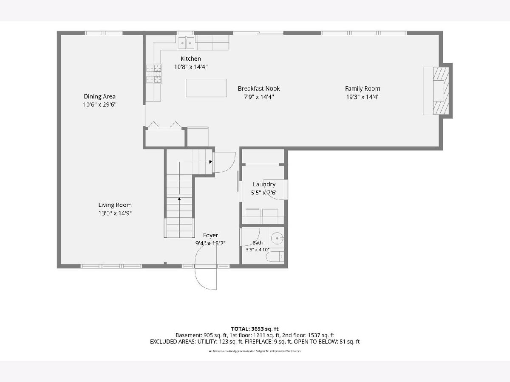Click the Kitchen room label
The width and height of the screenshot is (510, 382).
pyautogui.click(x=190, y=59)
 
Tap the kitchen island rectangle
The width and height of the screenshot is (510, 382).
pyautogui.click(x=206, y=88)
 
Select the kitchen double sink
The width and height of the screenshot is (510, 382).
pyautogui.click(x=186, y=43)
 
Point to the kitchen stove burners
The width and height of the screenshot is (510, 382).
pyautogui.click(x=154, y=74)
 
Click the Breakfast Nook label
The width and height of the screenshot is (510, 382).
pyautogui.click(x=258, y=89)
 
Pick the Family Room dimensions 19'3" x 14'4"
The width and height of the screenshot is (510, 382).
pyautogui.click(x=363, y=97)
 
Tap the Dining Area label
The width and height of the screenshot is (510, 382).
pyautogui.click(x=99, y=96)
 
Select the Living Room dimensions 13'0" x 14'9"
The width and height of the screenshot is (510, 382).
pyautogui.click(x=115, y=213)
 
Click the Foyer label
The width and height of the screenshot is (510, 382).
pyautogui.click(x=210, y=235)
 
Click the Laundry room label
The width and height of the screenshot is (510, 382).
pyautogui.click(x=264, y=184)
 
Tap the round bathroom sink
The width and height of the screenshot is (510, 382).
pyautogui.click(x=277, y=238)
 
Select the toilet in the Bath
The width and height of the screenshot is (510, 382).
pyautogui.click(x=275, y=256)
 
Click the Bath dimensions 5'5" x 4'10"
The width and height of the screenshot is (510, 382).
pyautogui.click(x=258, y=250)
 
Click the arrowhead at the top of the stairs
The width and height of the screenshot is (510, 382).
pyautogui.click(x=210, y=162)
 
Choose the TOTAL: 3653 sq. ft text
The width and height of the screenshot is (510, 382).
pyautogui.click(x=255, y=329)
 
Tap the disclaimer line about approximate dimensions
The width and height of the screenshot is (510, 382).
pyautogui.click(x=255, y=351)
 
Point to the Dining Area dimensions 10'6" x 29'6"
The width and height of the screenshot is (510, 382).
pyautogui.click(x=99, y=104)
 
